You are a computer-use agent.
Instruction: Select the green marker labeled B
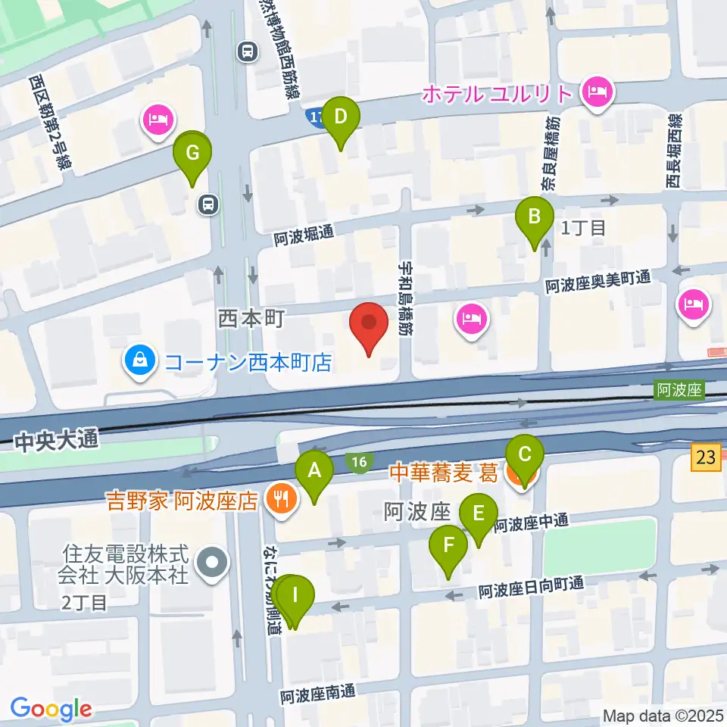(x=535, y=218)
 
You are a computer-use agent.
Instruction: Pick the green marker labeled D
(x=341, y=118)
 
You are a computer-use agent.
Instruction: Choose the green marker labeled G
(x=192, y=154)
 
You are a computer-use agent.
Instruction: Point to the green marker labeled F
(x=448, y=546)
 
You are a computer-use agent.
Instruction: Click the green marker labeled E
(x=479, y=516)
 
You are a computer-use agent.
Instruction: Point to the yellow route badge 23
(x=706, y=457)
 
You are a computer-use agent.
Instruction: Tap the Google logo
(x=51, y=709)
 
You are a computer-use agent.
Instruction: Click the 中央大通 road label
(x=56, y=440)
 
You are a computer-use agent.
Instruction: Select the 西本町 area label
(x=250, y=318)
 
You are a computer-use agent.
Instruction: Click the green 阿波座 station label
(x=679, y=391)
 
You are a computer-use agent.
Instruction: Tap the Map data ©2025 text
(x=663, y=715)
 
